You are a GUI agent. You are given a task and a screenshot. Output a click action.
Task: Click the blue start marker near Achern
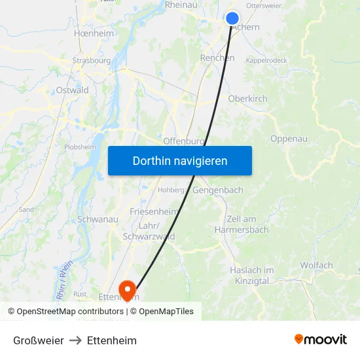click(x=232, y=18)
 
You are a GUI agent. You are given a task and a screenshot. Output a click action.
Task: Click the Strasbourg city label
click(x=91, y=61)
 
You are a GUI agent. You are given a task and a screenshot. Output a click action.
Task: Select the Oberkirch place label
click(x=247, y=99)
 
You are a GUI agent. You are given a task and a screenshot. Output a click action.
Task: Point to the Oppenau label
click(x=289, y=139)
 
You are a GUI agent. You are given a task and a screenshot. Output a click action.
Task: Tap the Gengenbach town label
click(x=218, y=190)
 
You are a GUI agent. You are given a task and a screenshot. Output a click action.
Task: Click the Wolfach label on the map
click(x=316, y=265)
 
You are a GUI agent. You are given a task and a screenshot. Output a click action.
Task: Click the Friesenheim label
click(x=153, y=211)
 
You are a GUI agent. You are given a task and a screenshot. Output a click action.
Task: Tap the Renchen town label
click(x=217, y=58)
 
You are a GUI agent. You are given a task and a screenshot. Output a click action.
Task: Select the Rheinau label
click(x=181, y=5)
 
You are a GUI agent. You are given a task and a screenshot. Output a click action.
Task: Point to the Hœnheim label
click(x=94, y=33)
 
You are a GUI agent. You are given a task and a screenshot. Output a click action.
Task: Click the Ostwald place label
click(x=72, y=90)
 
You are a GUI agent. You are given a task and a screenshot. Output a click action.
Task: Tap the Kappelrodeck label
click(x=266, y=60)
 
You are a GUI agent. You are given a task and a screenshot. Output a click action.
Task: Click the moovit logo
click(x=321, y=339)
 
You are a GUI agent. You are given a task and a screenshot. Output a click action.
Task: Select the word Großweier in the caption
click(x=39, y=340)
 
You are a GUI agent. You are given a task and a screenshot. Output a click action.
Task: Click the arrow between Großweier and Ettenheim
click(x=75, y=340)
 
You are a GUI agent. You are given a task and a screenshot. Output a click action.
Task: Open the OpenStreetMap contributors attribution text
click(x=66, y=312)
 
